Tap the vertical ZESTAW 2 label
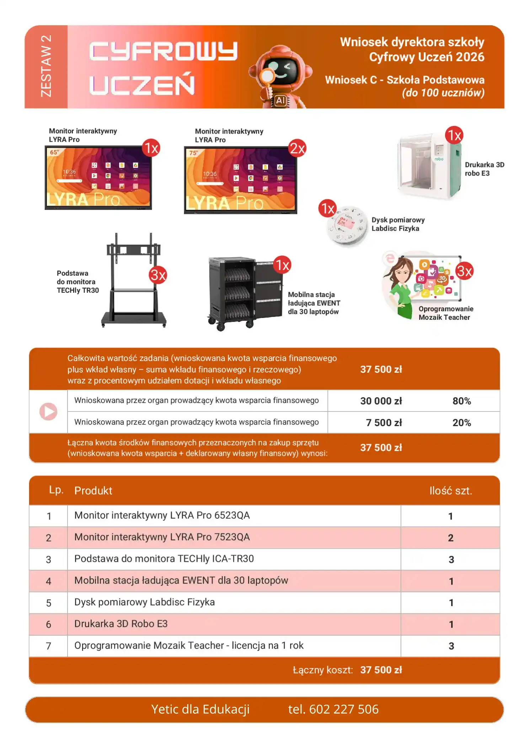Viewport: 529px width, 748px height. [x=46, y=66]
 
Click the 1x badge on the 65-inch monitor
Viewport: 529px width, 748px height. [x=151, y=148]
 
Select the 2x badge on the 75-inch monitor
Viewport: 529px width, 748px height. [x=297, y=148]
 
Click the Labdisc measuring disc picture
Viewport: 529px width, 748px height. [x=347, y=226]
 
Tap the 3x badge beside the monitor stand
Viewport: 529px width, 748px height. [x=158, y=275]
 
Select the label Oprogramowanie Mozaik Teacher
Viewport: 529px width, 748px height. [x=446, y=313]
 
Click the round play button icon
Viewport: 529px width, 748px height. [x=48, y=411]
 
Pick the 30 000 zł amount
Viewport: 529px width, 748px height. [x=381, y=401]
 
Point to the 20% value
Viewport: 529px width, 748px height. [x=462, y=423]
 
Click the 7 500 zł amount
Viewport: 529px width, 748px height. [x=384, y=423]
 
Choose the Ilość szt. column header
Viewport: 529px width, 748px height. [x=451, y=491]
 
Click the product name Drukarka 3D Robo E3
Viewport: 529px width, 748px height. [x=121, y=624]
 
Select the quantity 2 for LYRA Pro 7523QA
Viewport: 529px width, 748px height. [x=451, y=538]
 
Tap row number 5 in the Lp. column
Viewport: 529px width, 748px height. [x=49, y=603]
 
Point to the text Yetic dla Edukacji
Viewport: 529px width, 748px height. [x=201, y=709]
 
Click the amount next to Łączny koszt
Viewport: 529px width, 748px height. [x=381, y=670]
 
